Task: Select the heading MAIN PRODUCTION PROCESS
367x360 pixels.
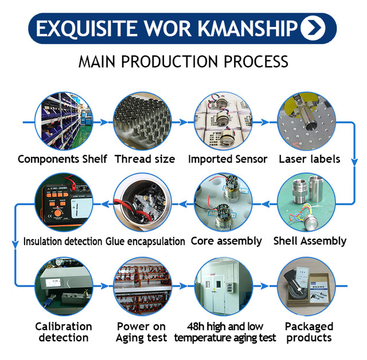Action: [x=183, y=61]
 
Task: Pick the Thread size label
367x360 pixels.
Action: [x=145, y=158]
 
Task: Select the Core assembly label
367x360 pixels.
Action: [x=226, y=241]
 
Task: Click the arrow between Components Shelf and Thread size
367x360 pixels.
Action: [x=103, y=122]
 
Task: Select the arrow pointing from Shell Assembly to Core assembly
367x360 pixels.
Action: [x=265, y=204]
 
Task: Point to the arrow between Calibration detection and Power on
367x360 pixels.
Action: [x=103, y=286]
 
